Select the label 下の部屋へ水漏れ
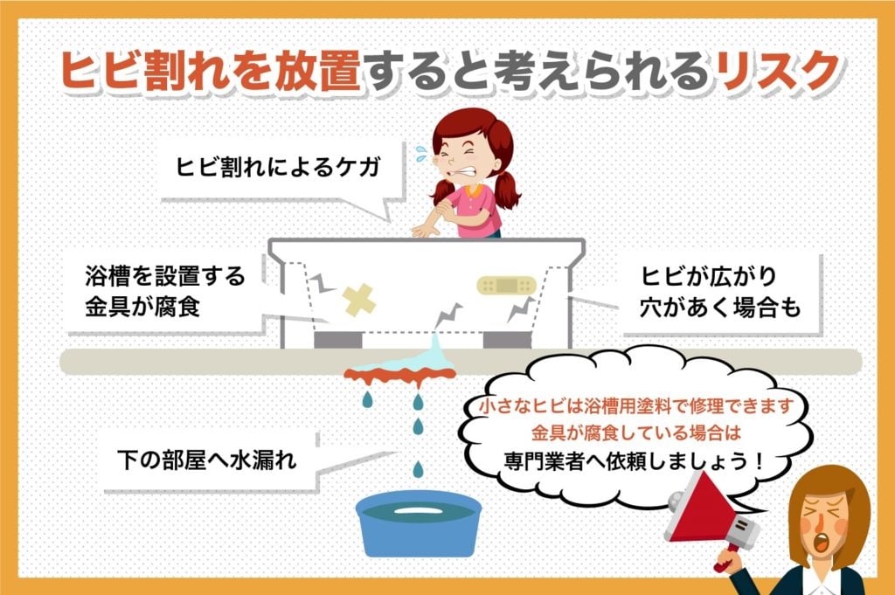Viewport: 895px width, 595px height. point(206,459)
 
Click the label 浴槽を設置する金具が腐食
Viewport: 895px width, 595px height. point(166,293)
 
